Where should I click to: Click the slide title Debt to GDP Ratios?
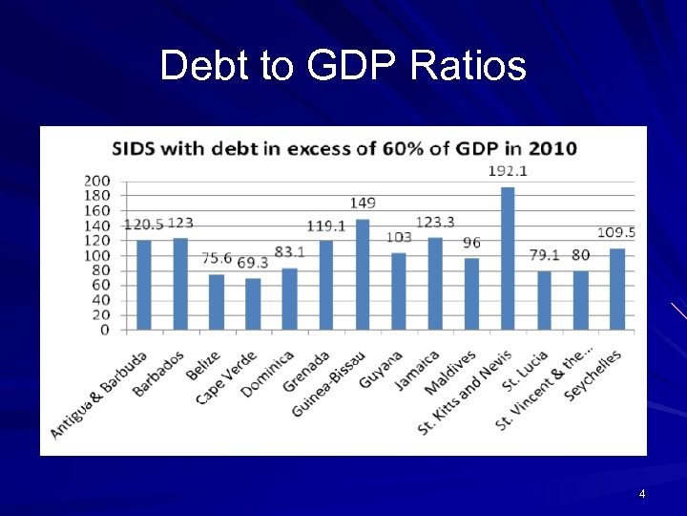(x=343, y=66)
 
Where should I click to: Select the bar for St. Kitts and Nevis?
(x=508, y=258)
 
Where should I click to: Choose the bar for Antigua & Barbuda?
(x=144, y=285)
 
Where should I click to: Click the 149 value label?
(x=363, y=203)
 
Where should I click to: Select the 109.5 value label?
(x=616, y=232)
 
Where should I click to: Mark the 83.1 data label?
(x=289, y=252)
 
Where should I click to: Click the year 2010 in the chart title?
(x=554, y=149)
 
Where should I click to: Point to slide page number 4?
(x=642, y=494)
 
